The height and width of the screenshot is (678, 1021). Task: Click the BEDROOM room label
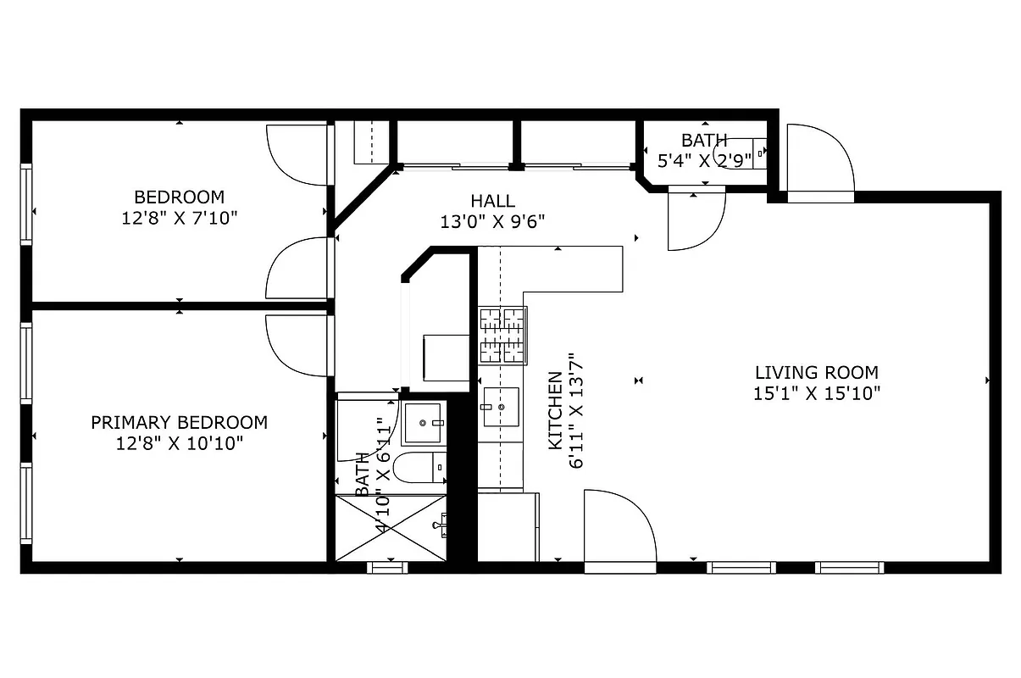[x=179, y=197]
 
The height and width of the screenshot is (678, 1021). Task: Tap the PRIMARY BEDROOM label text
[x=179, y=422]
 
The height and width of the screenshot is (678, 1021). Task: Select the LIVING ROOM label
[x=816, y=372]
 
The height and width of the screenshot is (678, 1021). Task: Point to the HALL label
[x=492, y=201]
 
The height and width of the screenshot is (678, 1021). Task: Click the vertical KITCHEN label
[x=555, y=410]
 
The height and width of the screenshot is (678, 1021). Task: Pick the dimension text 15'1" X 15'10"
[x=816, y=393]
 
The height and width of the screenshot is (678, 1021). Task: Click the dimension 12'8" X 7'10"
[x=179, y=218]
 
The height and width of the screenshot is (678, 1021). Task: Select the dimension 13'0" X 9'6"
[x=492, y=222]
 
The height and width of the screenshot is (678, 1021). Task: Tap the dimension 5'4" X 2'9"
[x=703, y=159]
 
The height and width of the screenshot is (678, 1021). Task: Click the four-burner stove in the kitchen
[x=502, y=335]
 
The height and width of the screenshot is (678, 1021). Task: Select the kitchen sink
[x=501, y=408]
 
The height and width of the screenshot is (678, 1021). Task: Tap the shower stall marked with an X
[x=391, y=528]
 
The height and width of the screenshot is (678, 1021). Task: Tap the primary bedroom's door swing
[x=297, y=344]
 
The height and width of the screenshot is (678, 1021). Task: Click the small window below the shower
[x=387, y=567]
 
